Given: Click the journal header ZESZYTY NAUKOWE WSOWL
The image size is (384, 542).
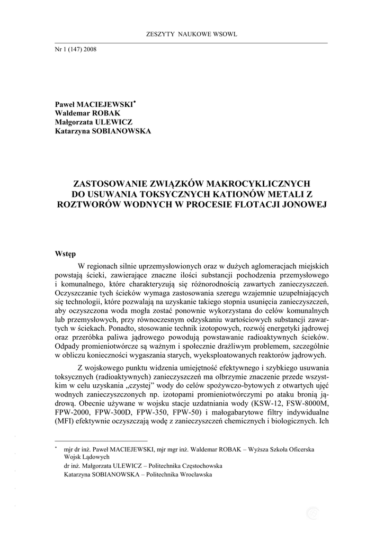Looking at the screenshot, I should click(191, 34).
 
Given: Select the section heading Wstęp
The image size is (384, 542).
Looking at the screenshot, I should click(66, 254).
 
